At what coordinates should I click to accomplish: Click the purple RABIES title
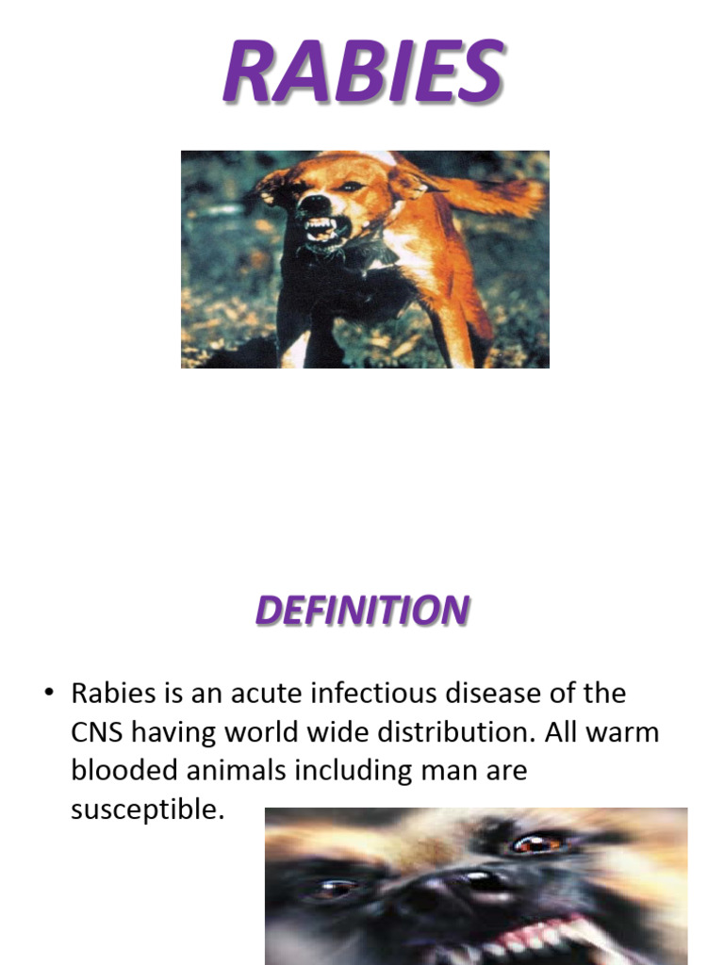tap(362, 73)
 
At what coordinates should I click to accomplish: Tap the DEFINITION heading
tap(362, 611)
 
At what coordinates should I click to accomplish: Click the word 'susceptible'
tap(148, 809)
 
